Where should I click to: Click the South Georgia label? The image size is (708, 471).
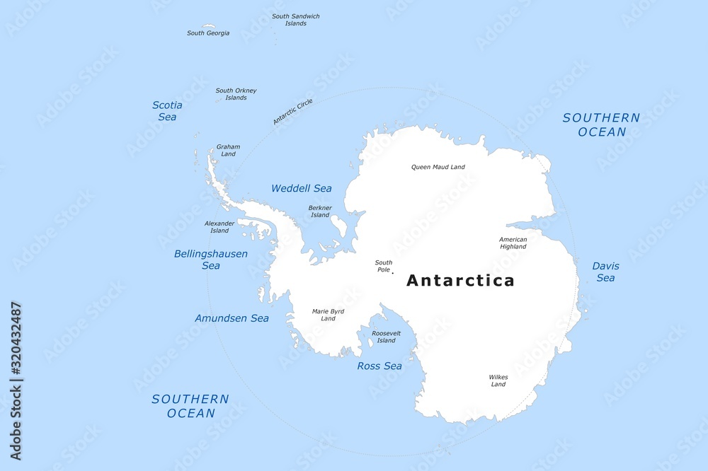[207, 33]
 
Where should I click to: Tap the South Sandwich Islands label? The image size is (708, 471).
[295, 20]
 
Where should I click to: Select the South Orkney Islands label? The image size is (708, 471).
[236, 94]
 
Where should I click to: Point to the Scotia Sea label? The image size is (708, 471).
[167, 111]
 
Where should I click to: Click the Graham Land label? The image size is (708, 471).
[228, 151]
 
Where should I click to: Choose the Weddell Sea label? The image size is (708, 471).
[302, 189]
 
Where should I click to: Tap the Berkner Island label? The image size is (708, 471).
[320, 211]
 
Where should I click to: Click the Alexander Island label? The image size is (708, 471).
[219, 227]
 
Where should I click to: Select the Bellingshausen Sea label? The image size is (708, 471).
[211, 260]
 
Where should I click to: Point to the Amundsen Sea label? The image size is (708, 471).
[232, 319]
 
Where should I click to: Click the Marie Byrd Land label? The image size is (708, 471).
[328, 315]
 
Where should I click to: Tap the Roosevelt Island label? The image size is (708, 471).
[386, 337]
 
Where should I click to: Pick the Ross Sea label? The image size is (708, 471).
[379, 366]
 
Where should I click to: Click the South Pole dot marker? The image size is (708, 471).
[392, 274]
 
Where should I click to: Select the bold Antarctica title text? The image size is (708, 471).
[460, 281]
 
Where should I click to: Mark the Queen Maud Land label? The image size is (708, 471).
[438, 168]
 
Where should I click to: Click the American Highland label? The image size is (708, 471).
[513, 243]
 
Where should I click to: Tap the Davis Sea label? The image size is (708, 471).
[605, 272]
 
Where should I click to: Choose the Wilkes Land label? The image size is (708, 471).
[498, 381]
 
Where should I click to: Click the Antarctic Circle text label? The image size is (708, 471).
[292, 112]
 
